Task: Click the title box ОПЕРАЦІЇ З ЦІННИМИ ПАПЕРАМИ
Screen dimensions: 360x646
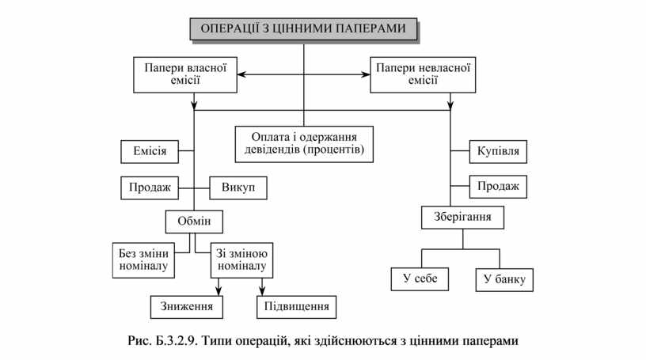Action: click(303, 29)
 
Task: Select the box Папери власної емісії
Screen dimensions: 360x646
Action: click(185, 74)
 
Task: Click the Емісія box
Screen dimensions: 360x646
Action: click(148, 150)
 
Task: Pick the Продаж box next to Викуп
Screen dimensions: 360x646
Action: click(148, 188)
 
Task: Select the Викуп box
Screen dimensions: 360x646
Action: click(238, 188)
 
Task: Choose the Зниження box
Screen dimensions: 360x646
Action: click(187, 306)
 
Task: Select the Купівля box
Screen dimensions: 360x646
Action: click(498, 150)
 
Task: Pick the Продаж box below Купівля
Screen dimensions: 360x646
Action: click(498, 187)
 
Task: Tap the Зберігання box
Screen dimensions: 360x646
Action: click(462, 217)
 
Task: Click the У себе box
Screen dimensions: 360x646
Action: click(420, 279)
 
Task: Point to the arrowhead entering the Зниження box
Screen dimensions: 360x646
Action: click(216, 291)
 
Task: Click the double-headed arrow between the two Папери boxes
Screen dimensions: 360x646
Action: click(304, 75)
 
